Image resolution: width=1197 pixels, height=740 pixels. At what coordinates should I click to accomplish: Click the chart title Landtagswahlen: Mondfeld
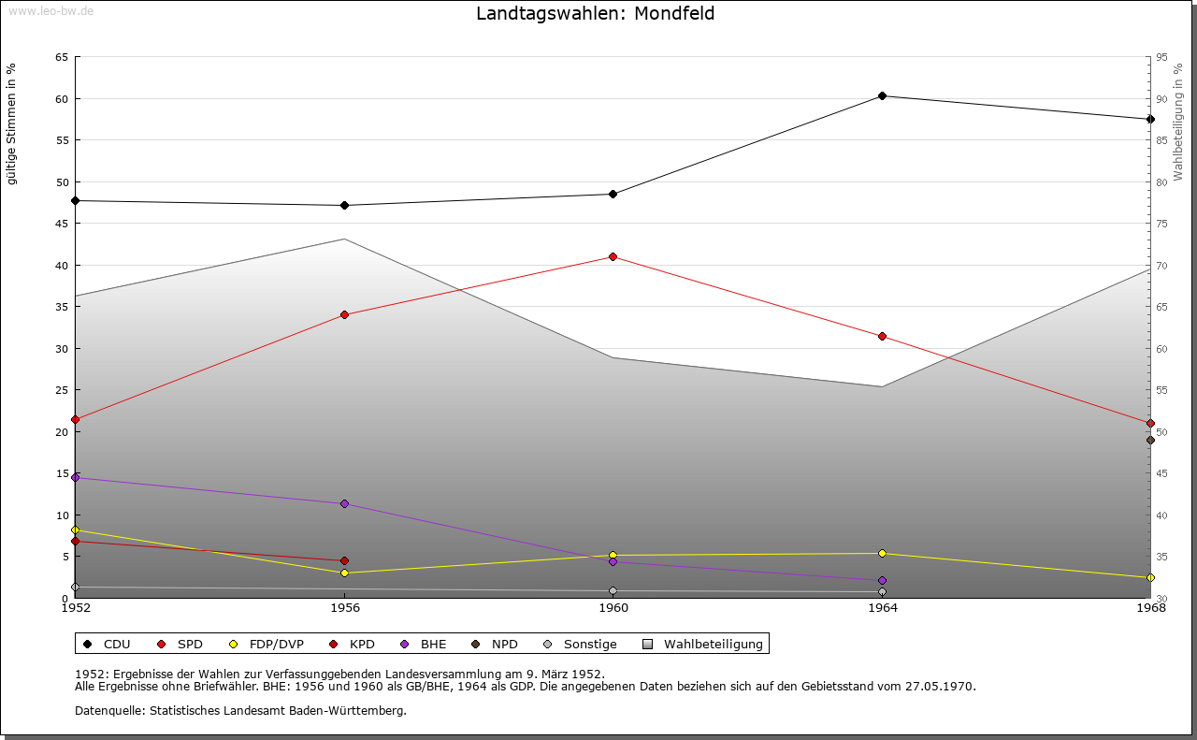click(x=596, y=13)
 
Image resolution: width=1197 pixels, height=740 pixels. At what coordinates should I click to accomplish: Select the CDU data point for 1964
click(x=882, y=96)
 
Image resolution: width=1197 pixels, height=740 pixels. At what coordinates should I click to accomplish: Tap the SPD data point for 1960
click(x=613, y=256)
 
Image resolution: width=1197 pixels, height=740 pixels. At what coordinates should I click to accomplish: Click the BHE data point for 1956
click(x=344, y=504)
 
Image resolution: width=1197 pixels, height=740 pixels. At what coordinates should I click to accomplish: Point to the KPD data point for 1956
click(x=344, y=561)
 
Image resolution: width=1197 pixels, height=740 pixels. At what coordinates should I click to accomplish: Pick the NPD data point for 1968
click(x=1150, y=440)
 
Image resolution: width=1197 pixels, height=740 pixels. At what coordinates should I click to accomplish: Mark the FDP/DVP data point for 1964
click(x=882, y=553)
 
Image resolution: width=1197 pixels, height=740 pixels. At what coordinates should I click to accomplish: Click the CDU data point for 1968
click(x=1150, y=119)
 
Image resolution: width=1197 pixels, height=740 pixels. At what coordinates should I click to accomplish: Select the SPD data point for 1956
click(x=344, y=314)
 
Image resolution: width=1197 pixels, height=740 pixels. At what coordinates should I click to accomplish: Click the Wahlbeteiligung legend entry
click(x=713, y=645)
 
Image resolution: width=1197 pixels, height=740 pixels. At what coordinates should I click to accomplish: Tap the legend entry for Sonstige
click(x=589, y=645)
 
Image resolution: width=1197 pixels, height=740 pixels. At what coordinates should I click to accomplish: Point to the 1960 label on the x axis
click(x=613, y=608)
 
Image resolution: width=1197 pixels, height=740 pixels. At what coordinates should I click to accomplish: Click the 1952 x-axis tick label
click(x=76, y=608)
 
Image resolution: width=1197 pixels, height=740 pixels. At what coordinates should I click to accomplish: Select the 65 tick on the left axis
click(x=62, y=57)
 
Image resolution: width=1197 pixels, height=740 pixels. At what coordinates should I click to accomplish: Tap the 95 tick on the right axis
click(x=1161, y=57)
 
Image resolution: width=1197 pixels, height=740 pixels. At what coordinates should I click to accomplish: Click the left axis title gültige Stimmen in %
click(x=12, y=123)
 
